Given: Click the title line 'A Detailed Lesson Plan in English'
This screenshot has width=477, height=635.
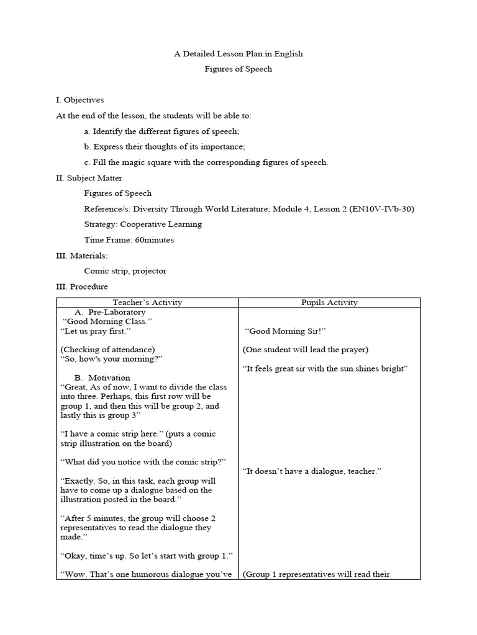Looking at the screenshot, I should (x=238, y=54).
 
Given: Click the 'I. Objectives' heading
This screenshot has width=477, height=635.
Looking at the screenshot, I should (x=80, y=100).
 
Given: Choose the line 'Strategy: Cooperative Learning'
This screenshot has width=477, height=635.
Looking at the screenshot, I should (x=143, y=224).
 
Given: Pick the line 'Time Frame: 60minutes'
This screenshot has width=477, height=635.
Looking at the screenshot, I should (x=129, y=240).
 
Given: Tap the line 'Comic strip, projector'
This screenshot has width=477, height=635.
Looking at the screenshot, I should (x=125, y=271).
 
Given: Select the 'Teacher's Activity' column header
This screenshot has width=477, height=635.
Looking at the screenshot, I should (x=147, y=303).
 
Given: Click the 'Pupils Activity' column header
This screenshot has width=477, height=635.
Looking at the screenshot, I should (x=329, y=303).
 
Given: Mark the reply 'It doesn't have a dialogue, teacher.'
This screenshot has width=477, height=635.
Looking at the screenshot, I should (x=312, y=471).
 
